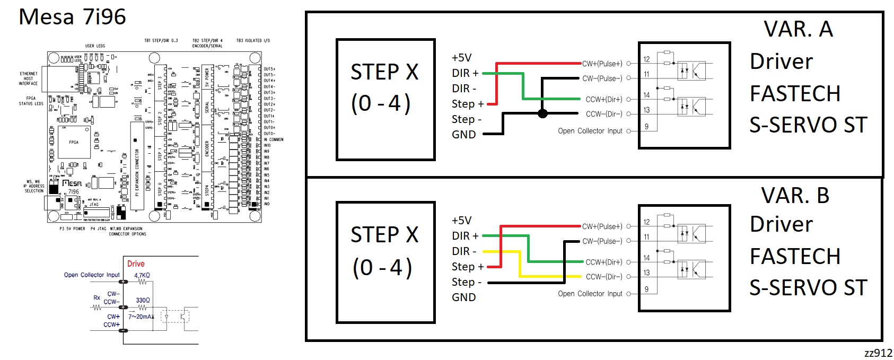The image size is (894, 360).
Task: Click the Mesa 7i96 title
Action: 72,17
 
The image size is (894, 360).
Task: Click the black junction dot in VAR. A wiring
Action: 542,113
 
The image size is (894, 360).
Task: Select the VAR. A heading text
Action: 798,29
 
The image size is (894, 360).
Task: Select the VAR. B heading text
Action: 795,196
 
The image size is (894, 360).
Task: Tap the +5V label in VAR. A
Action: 461,58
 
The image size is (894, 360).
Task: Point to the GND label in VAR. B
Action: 463,297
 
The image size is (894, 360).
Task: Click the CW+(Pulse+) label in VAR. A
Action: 602,64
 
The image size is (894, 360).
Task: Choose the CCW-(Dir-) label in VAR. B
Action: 603,277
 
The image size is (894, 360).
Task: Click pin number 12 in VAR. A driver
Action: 646,59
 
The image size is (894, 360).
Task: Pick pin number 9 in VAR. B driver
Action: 646,289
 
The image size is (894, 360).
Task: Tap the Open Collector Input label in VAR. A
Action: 590,131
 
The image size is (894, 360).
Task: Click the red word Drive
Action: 136,264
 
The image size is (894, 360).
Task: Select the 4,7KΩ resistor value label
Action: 142,275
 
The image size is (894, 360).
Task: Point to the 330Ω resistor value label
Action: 143,300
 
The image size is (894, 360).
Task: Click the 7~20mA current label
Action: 141,317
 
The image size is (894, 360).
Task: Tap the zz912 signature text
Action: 878,353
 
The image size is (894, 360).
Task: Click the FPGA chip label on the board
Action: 74,142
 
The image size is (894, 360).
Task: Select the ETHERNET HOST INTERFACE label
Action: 29,78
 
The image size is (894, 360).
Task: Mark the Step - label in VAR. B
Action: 466,282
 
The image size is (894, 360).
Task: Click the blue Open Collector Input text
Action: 92,275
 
